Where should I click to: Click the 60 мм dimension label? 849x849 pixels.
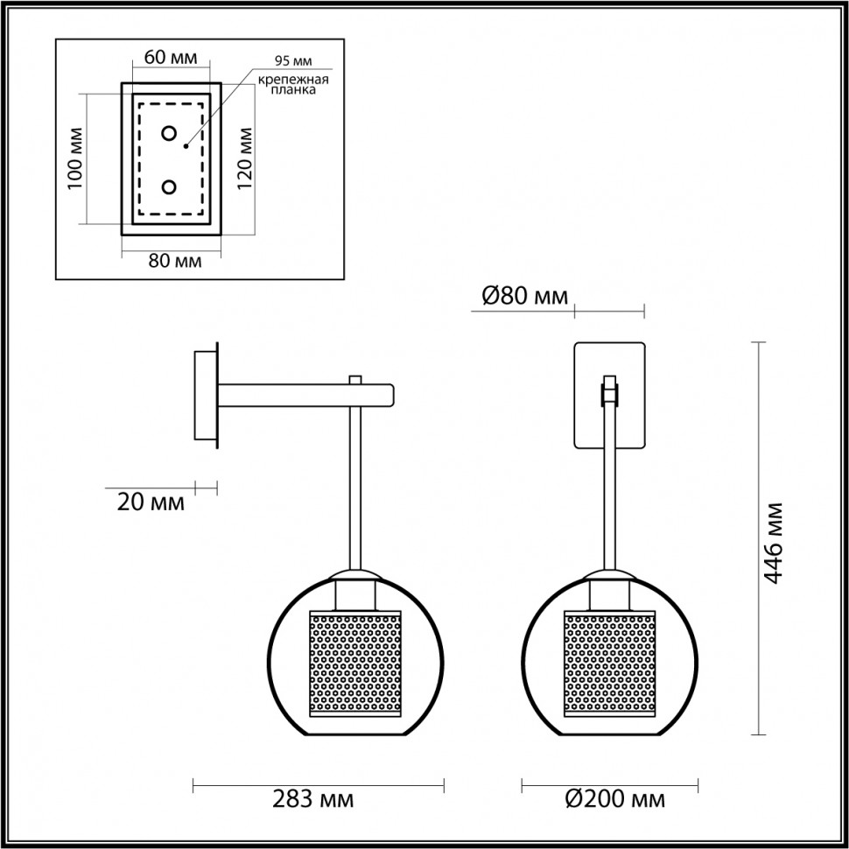pos(170,58)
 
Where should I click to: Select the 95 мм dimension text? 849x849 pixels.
pos(292,60)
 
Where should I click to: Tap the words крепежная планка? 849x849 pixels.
pos(292,88)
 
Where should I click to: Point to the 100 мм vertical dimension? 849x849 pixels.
pos(74,158)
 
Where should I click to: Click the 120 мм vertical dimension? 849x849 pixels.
pos(244,158)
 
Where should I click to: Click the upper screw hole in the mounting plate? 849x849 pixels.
pos(169,134)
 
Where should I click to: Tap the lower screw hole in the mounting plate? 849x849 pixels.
pos(169,187)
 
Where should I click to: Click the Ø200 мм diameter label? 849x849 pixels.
pos(614,798)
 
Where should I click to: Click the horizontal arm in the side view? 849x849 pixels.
pos(306,395)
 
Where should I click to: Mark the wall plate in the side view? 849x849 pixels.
pos(207,396)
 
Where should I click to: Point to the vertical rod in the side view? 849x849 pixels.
pos(356,490)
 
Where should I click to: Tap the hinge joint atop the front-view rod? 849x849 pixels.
pos(609,391)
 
